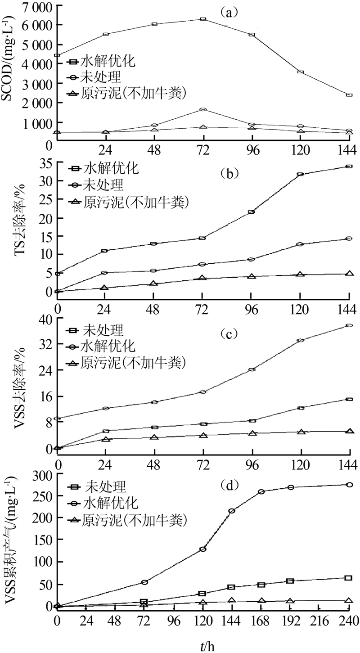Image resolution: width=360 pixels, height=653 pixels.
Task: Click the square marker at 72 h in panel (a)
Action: pos(203,19)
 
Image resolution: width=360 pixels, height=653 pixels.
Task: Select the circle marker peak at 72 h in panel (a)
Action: pos(203,109)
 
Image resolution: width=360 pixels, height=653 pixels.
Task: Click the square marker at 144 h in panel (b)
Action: pos(349,167)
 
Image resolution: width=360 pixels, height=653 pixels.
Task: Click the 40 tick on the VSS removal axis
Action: pos(45,318)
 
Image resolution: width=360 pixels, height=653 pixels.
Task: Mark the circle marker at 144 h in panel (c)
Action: pos(349,325)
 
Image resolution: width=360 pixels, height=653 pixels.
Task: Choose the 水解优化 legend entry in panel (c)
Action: pos(108,347)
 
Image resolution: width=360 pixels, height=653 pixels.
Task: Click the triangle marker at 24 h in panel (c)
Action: pos(105,438)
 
